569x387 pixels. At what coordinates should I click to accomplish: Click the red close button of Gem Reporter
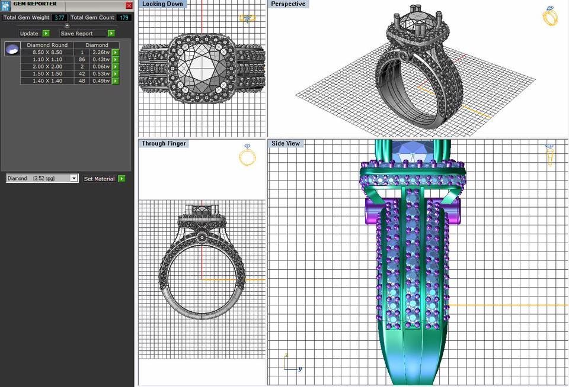129,5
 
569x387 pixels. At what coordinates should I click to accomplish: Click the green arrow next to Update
46,34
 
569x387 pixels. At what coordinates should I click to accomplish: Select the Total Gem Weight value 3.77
59,18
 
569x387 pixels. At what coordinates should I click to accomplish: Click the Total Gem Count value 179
123,18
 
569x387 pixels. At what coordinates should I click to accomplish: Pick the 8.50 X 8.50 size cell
47,53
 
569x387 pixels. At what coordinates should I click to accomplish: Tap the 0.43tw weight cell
101,60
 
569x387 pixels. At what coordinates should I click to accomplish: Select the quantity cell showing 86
82,60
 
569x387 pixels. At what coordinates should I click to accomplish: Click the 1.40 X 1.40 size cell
47,81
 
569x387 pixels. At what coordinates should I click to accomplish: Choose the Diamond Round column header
47,45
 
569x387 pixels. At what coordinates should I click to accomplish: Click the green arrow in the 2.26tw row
116,53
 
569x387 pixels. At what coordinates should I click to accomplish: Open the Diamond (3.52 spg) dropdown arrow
74,178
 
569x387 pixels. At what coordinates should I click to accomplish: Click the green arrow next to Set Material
122,179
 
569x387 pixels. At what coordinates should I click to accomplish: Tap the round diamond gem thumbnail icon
11,49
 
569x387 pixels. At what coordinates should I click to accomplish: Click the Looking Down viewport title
162,4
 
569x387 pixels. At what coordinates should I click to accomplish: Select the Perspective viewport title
288,4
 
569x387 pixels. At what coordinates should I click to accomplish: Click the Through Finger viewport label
164,144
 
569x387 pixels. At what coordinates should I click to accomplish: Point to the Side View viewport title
286,144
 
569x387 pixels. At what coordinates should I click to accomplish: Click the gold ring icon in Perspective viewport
550,17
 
